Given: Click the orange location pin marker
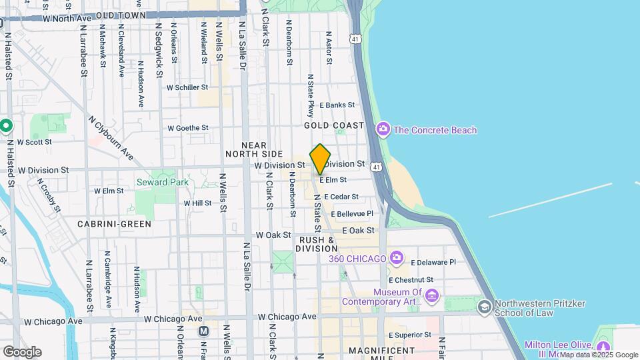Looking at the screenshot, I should (320, 159).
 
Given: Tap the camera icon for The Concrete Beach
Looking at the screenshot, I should (383, 129).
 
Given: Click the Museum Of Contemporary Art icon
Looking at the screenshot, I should (432, 295).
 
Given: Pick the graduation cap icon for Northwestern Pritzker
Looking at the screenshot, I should (485, 307).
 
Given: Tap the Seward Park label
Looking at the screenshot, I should (162, 182).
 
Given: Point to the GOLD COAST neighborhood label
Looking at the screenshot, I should (334, 125).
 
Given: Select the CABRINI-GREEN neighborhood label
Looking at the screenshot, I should (114, 224).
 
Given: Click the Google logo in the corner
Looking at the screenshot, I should (22, 351).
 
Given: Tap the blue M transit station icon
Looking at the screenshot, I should (204, 331).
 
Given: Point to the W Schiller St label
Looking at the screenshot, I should (187, 87).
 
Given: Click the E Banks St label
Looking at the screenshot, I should (337, 105).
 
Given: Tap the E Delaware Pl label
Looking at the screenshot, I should (433, 263).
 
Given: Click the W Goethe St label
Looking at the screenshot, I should (187, 128).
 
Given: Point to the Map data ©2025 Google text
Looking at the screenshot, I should (599, 355).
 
